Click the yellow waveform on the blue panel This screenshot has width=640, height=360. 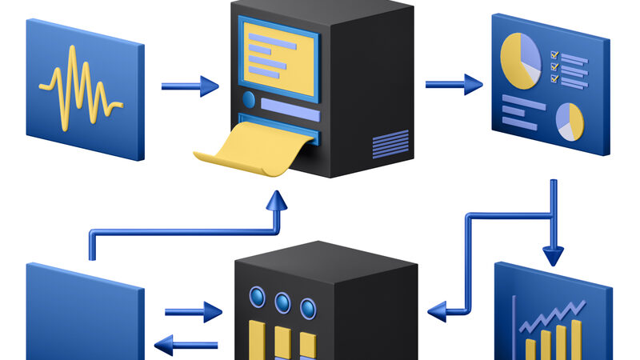[80, 86]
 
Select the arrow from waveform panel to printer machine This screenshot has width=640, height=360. [190, 86]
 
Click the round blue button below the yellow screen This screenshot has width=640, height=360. [248, 100]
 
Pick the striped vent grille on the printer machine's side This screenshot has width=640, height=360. [390, 144]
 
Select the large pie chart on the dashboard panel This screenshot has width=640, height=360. [520, 59]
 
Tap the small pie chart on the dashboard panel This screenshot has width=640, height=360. [569, 121]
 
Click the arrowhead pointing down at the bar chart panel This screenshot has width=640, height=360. [553, 256]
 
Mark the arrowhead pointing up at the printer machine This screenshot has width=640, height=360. [277, 200]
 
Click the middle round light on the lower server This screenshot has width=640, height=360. [282, 302]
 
